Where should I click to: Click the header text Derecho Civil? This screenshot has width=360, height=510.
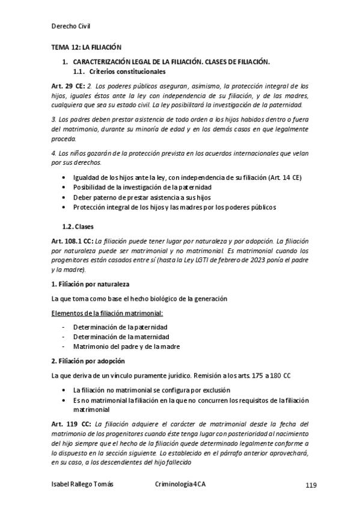coord(71,25)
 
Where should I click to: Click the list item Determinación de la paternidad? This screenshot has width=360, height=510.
coord(120,327)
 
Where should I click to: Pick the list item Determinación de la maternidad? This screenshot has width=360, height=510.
coord(121,337)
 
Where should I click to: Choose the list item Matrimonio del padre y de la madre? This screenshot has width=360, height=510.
coord(126,346)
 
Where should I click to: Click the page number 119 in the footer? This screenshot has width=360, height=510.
coord(311,485)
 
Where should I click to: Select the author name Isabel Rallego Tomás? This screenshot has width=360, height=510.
coord(83,484)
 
